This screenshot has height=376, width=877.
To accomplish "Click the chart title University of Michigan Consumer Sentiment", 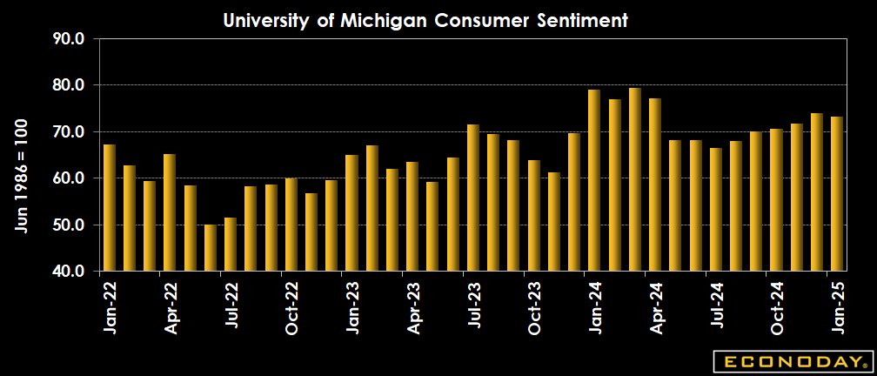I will [x=425, y=20].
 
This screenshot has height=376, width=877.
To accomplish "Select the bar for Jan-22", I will [x=109, y=208].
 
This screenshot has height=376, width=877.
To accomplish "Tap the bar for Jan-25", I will [x=837, y=194].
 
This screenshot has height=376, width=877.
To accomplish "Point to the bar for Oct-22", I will [x=291, y=225].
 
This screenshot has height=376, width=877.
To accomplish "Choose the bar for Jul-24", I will [x=716, y=210].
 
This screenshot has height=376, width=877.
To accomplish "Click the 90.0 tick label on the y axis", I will [x=68, y=38].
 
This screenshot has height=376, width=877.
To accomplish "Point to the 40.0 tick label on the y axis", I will [x=68, y=272].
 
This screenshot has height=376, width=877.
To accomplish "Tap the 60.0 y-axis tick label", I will [x=68, y=178].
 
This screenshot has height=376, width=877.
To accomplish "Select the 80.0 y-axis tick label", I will [x=68, y=85].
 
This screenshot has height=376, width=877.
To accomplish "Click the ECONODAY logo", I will [x=790, y=361].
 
